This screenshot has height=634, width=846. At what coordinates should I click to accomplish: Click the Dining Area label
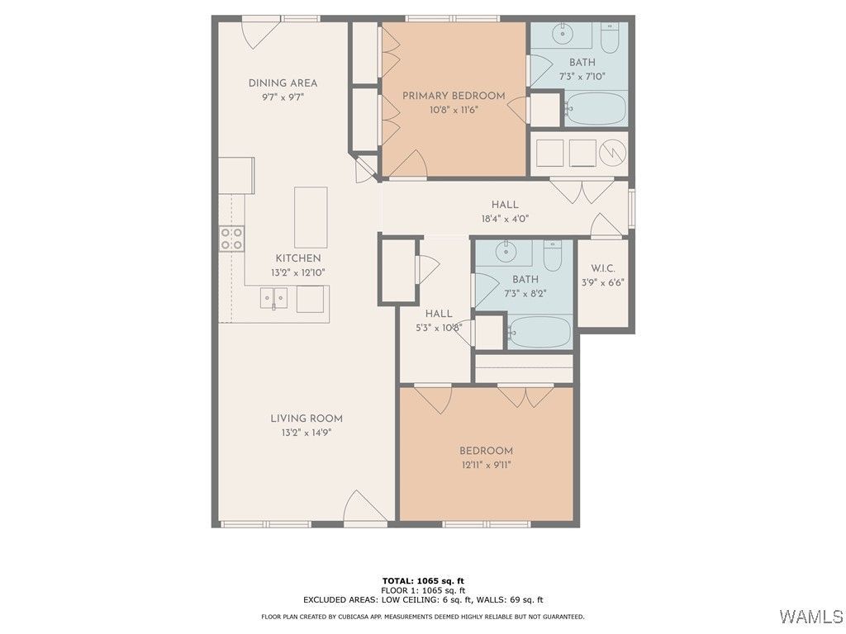(x=283, y=83)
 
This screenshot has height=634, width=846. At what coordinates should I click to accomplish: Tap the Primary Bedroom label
(x=454, y=96)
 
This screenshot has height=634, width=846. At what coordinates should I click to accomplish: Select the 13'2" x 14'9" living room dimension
(x=306, y=433)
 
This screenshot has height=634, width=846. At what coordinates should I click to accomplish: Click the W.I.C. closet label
(x=602, y=268)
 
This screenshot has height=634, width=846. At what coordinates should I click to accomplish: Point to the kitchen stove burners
(x=231, y=239)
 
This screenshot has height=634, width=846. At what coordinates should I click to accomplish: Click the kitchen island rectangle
(x=311, y=217)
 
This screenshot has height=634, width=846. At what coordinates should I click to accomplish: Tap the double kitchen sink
(x=273, y=298)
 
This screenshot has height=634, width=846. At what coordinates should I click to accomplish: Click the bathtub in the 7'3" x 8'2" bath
(x=539, y=332)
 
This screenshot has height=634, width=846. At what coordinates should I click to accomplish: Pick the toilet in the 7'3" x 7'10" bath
(x=611, y=38)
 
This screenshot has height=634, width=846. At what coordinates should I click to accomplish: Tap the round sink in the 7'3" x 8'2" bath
(x=506, y=251)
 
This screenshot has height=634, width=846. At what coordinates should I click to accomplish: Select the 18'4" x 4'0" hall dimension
(x=505, y=219)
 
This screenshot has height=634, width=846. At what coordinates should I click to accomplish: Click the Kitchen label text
(x=298, y=258)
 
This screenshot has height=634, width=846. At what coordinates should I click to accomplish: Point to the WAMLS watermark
(x=811, y=616)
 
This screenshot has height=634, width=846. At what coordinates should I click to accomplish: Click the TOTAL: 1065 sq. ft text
(x=423, y=580)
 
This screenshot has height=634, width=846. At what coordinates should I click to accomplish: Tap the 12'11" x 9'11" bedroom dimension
(x=486, y=465)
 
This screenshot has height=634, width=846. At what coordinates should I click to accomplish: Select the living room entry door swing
(x=365, y=506)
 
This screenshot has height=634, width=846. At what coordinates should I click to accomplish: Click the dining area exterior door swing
(x=260, y=33)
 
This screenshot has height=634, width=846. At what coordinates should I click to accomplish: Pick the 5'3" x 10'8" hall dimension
(x=439, y=327)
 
